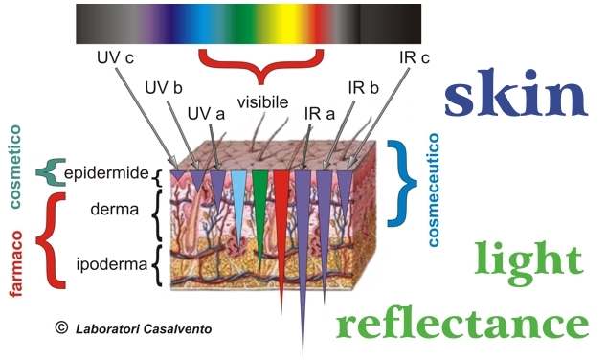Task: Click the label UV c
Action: point(115,57)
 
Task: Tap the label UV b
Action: point(164,88)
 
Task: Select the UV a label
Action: point(206,114)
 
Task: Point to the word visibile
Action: point(262,102)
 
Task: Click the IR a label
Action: point(320,114)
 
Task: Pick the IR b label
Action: point(363,88)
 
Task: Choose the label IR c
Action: point(415,57)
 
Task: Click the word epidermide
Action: point(106,173)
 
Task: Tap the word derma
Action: point(114,209)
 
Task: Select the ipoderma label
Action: point(112,264)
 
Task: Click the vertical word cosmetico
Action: point(14,167)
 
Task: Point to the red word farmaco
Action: point(15,263)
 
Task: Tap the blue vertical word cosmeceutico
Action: point(434,190)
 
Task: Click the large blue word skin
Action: point(516,93)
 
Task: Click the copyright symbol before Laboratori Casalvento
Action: point(61,327)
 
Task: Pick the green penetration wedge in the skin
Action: point(259,209)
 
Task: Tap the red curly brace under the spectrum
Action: point(261,64)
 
